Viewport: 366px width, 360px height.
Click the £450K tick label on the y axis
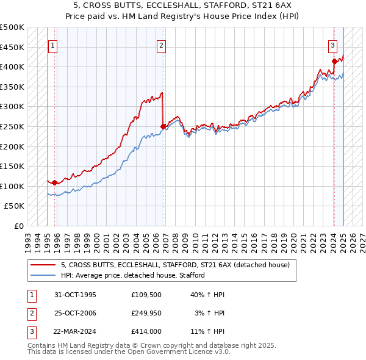[x=13, y=47]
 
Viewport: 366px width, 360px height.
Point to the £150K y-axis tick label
[x=13, y=166]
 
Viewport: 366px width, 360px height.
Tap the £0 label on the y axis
[x=18, y=226]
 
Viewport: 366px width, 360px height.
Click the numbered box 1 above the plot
[x=52, y=45]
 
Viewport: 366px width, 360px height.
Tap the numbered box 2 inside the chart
[x=161, y=45]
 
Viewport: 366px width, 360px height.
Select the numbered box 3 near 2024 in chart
[x=333, y=45]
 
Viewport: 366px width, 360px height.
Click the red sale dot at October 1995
[x=55, y=182]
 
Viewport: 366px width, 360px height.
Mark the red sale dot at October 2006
[x=163, y=126]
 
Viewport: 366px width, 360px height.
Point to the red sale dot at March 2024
[x=334, y=61]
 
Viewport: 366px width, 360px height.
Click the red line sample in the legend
[x=43, y=265]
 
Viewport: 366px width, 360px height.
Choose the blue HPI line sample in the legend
[x=43, y=275]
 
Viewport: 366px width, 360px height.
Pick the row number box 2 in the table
[x=30, y=314]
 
